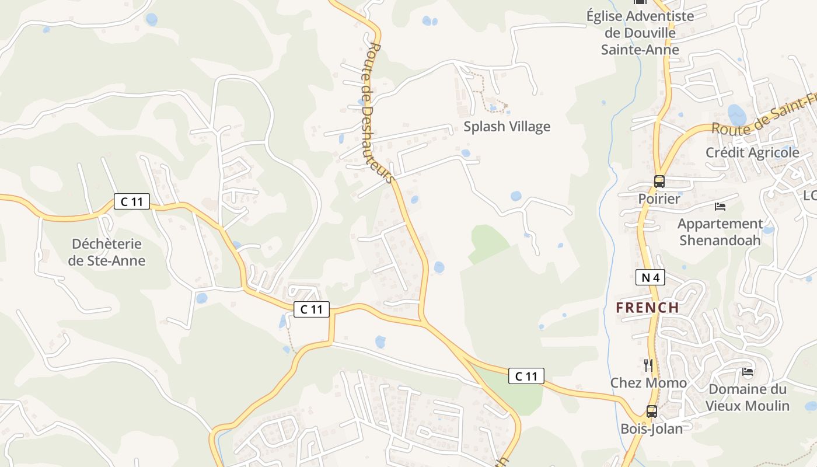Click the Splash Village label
pos(507,127)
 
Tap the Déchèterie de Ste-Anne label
pos(106,252)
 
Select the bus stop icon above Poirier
pos(659,182)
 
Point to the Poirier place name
pos(659,199)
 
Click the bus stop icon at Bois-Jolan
pos(651,412)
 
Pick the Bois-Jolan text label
pos(651,429)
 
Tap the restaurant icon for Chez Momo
pos(648,365)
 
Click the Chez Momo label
pos(648,383)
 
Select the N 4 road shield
pos(650,278)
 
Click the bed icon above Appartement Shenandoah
pos(720,207)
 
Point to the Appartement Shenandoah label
pos(720,232)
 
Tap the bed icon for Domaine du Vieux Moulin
pos(747,372)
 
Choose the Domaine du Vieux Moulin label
pos(747,398)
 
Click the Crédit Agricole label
pos(752,153)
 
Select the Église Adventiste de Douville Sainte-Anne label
pos(640,33)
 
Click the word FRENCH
pos(647,308)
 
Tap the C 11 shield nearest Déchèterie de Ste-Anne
pos(131,202)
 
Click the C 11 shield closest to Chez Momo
pos(526,377)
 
